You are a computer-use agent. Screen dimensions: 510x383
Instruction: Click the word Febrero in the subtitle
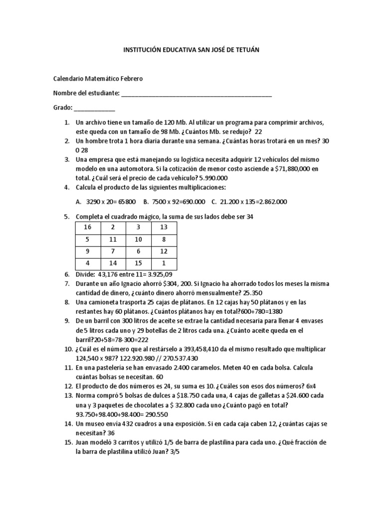[x=131, y=79]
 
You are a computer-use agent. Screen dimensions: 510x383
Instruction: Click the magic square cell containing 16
[x=88, y=227]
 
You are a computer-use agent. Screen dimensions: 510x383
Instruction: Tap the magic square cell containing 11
[x=113, y=239]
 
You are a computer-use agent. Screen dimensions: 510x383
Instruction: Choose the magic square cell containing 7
[x=113, y=251]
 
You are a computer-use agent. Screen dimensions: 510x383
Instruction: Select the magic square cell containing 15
[x=139, y=263]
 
